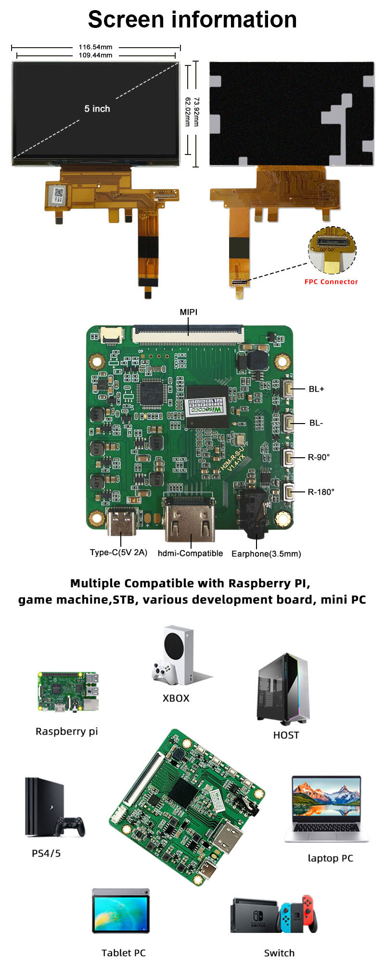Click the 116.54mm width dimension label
95,47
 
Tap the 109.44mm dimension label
95,55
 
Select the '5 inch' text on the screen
97,109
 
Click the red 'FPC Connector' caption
331,282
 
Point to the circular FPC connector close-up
332,249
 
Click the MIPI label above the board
188,312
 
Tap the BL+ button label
316,389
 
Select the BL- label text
316,423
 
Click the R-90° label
319,457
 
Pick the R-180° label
321,492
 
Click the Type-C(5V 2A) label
118,553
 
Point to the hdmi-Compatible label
190,554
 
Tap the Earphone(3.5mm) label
266,554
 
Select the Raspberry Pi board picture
68,692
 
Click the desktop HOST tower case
283,689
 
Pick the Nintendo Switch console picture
274,915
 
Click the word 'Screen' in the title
126,20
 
